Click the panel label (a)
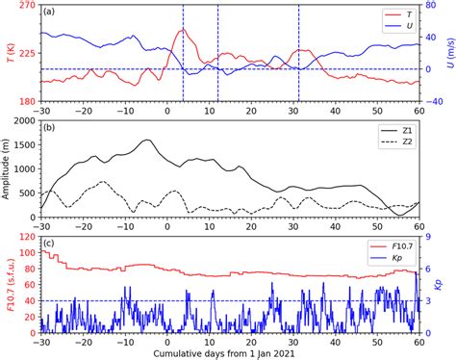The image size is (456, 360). point(52,14)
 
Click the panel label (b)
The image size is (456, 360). point(52,127)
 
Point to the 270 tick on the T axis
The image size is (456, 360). point(25,6)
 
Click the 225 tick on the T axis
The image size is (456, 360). point(25,53)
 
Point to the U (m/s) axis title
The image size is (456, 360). point(448,53)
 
